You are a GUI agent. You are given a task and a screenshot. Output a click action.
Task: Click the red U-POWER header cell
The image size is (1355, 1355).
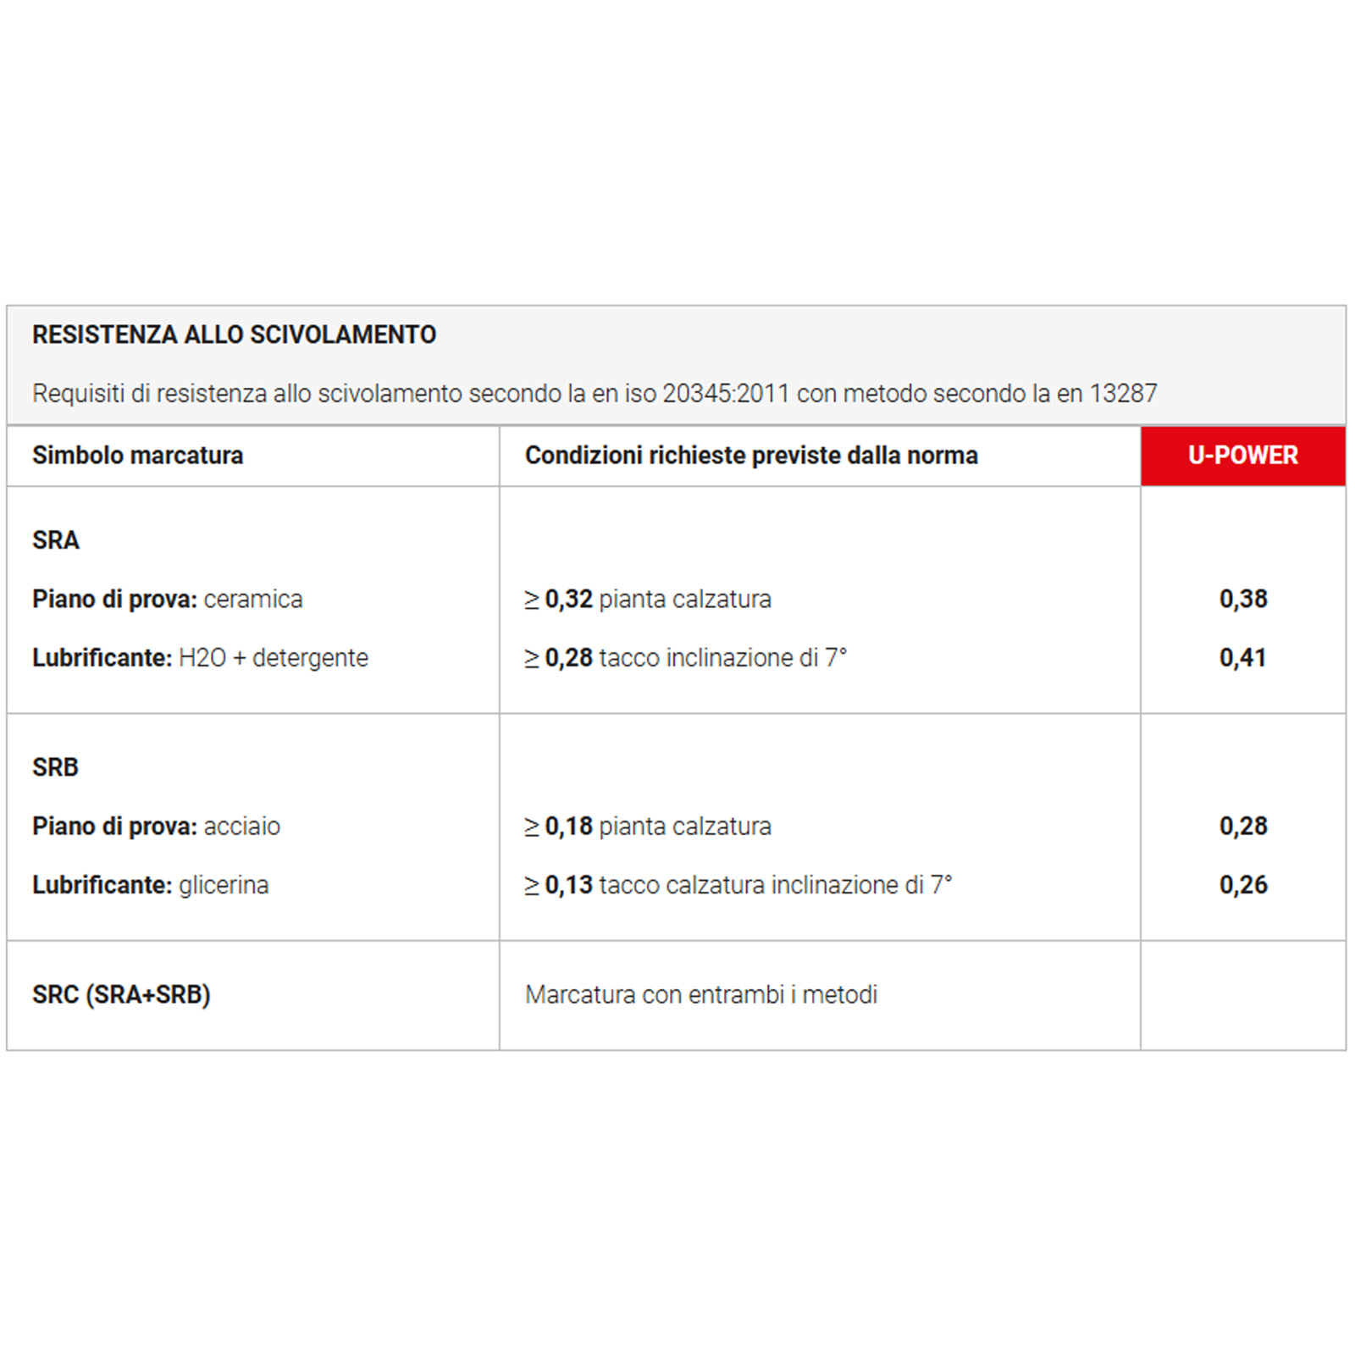point(1242,456)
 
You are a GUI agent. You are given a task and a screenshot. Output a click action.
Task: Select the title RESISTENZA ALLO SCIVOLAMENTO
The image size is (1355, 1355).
point(234,335)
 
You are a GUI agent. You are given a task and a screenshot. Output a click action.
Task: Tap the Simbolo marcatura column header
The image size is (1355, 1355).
point(137,456)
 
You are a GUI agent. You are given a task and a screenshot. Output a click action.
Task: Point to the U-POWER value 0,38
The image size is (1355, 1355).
point(1243,600)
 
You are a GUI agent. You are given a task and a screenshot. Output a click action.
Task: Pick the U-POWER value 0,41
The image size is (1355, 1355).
point(1242,658)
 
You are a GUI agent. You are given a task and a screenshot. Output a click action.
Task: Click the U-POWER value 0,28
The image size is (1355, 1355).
point(1243,827)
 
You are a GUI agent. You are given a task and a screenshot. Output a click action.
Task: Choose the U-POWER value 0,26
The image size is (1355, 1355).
point(1243,885)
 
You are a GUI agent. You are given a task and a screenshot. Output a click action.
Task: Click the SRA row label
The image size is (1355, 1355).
point(56,540)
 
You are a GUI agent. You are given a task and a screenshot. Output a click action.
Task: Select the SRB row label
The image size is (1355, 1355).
point(56,767)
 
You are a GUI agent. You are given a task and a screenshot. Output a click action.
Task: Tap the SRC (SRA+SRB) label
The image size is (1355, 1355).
point(121,994)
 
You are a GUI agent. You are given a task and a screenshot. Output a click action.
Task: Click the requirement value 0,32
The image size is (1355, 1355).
point(568,600)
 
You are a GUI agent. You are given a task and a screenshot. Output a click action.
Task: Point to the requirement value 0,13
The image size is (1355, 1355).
point(568,885)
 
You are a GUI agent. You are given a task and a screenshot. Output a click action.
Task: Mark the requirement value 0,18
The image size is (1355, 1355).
point(568,827)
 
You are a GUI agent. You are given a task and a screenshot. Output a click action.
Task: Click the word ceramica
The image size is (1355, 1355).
point(253,600)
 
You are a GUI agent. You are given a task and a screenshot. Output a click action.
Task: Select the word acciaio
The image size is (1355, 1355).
point(242,827)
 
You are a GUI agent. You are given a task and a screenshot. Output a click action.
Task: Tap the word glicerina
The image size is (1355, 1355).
point(224,885)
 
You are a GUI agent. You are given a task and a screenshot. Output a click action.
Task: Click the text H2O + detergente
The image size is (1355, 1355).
point(274,658)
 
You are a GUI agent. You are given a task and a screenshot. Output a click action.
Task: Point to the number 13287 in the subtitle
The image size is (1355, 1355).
point(1123,394)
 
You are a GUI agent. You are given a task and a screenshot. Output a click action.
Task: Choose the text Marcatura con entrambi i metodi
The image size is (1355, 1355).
point(701,994)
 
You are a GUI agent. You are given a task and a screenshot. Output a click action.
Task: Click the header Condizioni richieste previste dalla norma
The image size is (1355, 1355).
point(751,456)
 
